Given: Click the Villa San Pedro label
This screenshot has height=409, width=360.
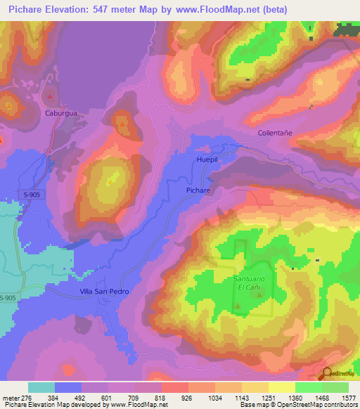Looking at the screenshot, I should click(104, 291).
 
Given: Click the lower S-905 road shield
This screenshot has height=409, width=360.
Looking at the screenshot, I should click(8, 299).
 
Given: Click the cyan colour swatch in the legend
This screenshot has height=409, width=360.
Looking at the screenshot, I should click(41, 387).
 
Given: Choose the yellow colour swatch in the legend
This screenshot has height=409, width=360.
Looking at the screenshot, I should click(281, 387).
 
